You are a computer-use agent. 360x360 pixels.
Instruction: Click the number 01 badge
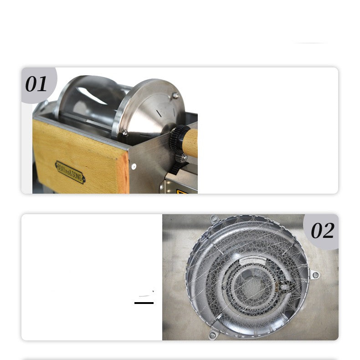36,84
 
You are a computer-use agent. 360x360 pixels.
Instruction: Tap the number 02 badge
322,231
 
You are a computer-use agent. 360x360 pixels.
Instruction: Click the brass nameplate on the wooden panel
70,171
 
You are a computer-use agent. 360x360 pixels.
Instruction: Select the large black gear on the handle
176,139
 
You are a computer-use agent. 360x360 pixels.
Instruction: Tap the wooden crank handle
190,143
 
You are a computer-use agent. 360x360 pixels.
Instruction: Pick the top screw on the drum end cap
175,95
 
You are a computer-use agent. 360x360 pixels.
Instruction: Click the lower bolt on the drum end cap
125,134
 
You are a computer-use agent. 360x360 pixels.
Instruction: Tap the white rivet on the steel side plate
134,167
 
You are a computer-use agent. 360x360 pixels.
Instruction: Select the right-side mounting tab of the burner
314,275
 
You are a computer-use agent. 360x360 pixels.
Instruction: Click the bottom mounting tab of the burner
213,335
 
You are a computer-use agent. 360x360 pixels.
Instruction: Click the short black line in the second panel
144,303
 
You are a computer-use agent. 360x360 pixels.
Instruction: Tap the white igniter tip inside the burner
285,287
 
